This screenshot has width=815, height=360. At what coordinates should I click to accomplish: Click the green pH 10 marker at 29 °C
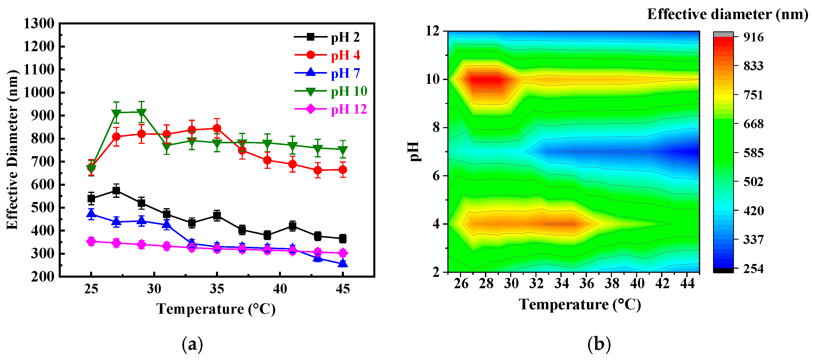tap(141, 113)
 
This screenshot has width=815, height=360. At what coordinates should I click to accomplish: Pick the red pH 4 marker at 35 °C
tap(217, 128)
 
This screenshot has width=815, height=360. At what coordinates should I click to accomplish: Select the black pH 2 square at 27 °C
tap(116, 190)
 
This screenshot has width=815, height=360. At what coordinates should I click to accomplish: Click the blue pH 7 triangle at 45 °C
tap(343, 263)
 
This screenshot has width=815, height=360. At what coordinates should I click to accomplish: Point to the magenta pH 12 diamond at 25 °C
tap(91, 241)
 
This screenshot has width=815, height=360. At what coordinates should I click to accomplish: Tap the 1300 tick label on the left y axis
tap(39, 24)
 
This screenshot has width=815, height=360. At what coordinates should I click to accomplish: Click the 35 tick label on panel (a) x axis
tap(217, 289)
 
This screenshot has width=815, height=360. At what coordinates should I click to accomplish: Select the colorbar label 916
tap(753, 37)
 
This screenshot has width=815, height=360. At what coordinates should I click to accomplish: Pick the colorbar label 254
tap(753, 269)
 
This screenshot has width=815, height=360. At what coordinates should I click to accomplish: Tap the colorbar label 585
tap(753, 153)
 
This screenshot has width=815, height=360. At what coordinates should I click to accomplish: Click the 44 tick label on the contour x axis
tap(687, 283)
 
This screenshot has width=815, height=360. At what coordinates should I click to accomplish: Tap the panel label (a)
tap(192, 345)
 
